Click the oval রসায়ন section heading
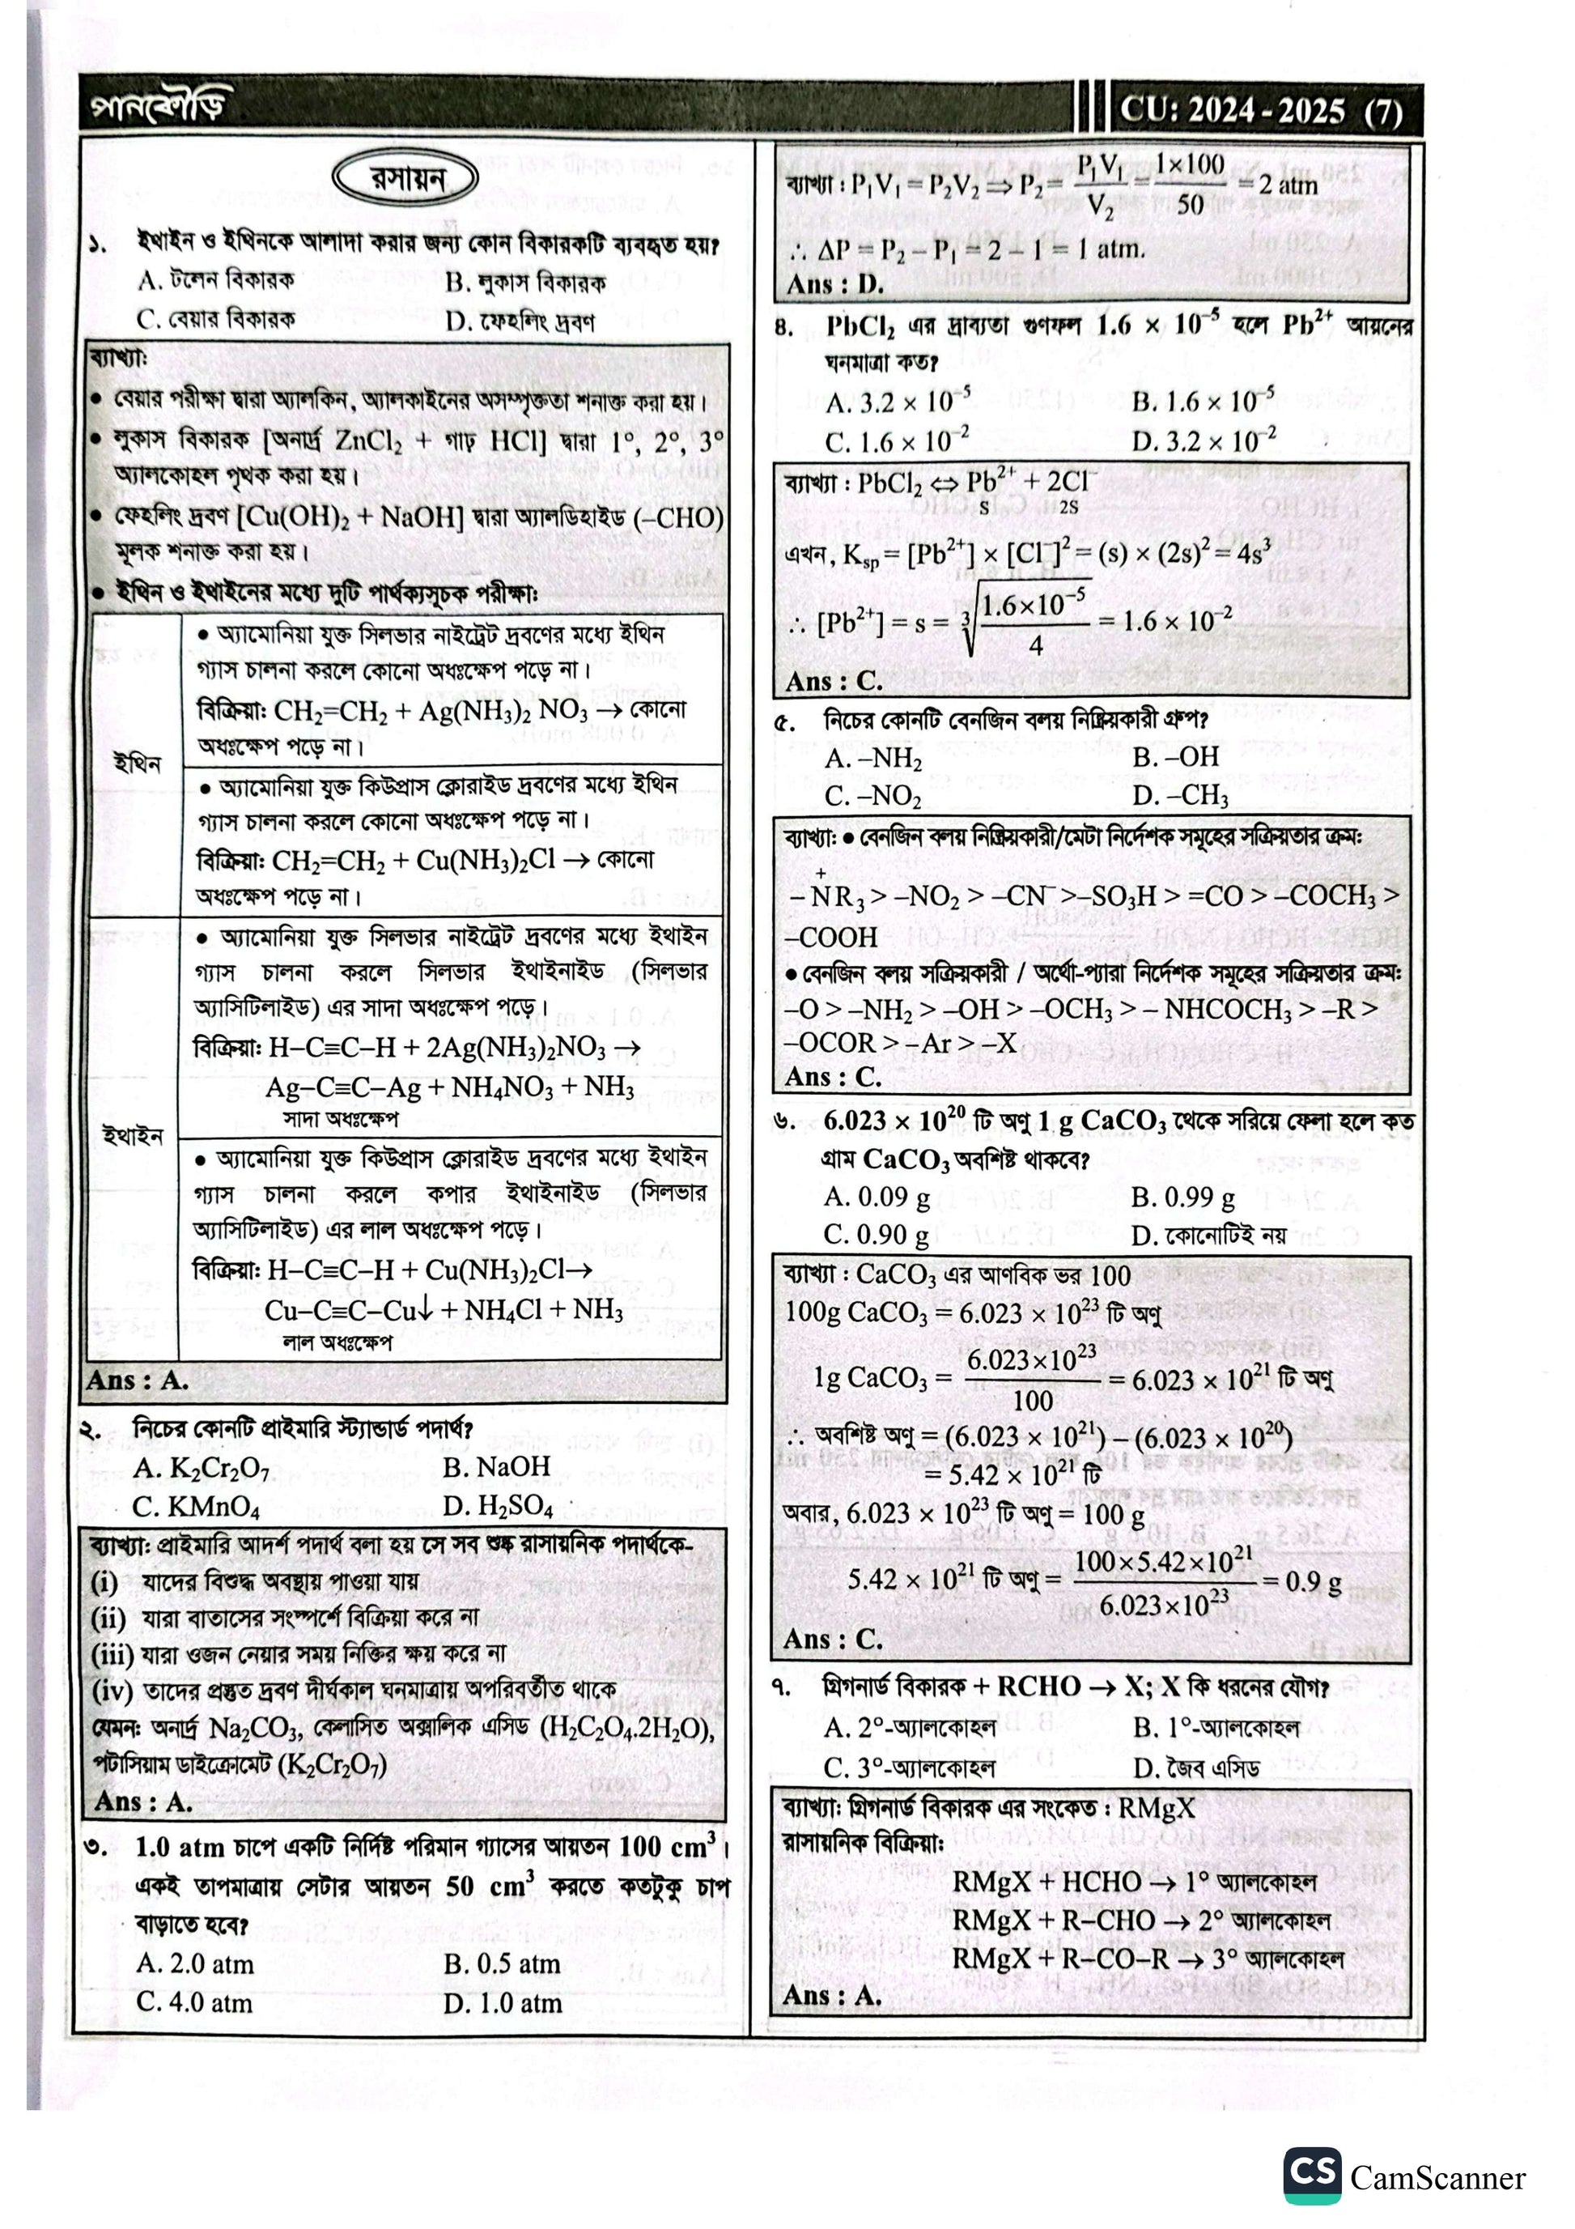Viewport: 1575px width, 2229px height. coord(405,180)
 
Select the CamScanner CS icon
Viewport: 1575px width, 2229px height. coord(1312,2176)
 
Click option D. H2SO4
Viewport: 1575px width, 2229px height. coord(498,1506)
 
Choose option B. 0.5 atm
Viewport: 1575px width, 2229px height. coord(502,1964)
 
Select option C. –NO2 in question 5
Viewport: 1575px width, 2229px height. coord(872,796)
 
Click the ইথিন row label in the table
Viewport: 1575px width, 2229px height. coord(136,763)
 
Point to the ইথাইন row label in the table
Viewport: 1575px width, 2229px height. coord(133,1135)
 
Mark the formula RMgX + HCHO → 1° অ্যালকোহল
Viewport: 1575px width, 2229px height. coord(1132,1882)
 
